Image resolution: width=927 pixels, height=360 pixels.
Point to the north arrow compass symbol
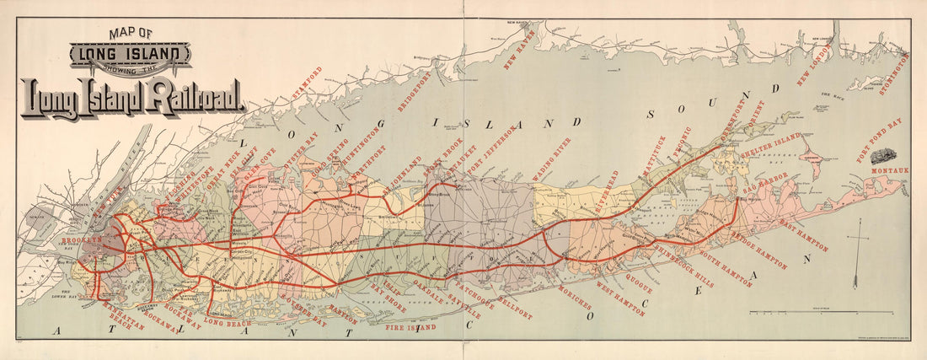point(855,253)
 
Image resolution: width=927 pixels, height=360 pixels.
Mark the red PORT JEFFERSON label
point(491,153)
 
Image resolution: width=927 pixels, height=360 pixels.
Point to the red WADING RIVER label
point(551,159)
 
